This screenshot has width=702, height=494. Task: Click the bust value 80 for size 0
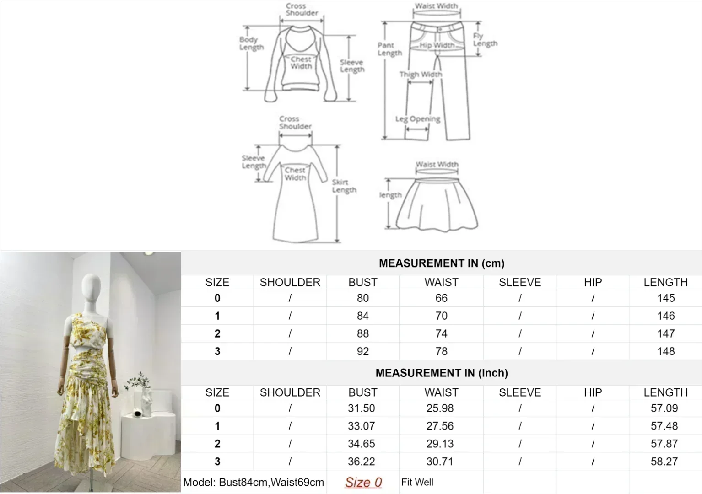362,298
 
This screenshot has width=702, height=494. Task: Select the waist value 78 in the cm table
441,351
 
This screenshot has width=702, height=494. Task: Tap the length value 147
666,333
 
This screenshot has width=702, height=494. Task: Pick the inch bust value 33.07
362,426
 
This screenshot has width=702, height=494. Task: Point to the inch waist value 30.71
440,462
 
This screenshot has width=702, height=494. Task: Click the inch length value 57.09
664,408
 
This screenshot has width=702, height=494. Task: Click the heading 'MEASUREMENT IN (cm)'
442,263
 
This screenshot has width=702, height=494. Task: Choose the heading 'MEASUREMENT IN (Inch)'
442,373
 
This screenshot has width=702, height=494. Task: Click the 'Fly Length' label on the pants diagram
485,40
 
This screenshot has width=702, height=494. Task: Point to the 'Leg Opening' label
418,119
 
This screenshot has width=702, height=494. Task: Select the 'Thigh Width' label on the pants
421,75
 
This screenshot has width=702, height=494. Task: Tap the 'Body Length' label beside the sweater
251,43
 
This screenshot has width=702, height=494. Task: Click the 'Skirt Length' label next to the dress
344,186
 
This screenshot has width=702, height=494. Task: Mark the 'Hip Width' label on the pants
437,45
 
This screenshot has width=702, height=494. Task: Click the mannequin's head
91,284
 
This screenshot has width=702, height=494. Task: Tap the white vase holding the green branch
146,402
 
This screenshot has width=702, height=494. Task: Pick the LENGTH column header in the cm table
666,282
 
